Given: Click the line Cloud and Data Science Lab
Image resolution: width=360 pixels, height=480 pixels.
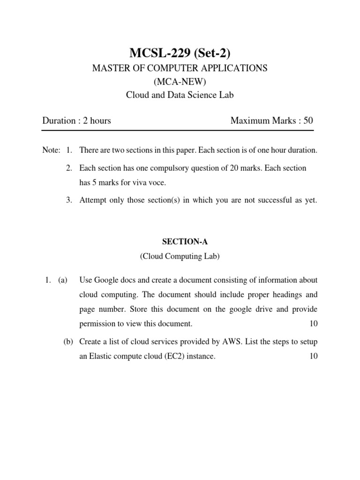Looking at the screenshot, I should (x=180, y=95).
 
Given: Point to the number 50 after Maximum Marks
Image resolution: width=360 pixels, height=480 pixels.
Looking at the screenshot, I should (x=308, y=120).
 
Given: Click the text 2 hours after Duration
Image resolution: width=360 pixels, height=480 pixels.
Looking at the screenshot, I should (x=97, y=120).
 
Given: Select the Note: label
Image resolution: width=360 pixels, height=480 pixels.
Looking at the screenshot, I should (x=51, y=151).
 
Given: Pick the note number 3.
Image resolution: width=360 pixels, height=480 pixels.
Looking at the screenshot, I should (x=68, y=201).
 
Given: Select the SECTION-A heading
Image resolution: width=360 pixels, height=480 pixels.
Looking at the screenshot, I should (x=180, y=242).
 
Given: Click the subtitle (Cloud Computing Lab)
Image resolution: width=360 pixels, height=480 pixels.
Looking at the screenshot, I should (x=180, y=256).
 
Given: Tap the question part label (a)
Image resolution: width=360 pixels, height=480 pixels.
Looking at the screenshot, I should (x=63, y=280).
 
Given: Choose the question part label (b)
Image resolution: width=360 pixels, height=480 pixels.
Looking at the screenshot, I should (x=68, y=341).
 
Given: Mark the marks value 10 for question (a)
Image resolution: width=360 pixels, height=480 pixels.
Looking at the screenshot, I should (x=313, y=324).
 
